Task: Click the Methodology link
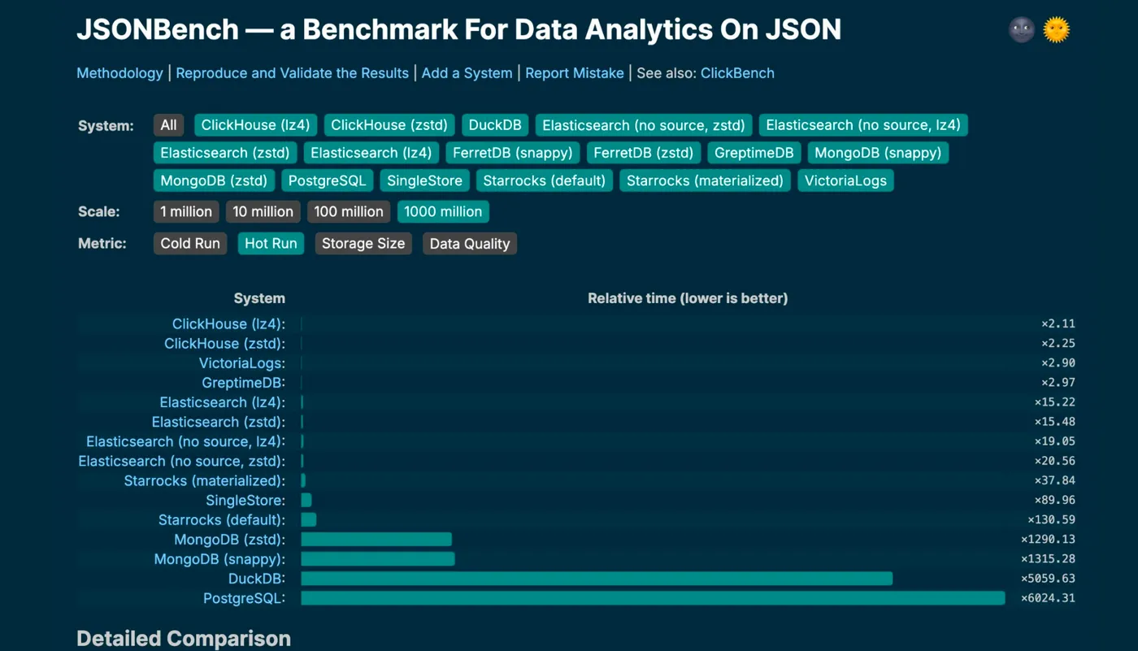point(119,73)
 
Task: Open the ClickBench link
point(737,73)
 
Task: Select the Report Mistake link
point(574,73)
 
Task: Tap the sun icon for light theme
point(1056,30)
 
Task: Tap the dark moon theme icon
point(1021,30)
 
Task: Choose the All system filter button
point(168,125)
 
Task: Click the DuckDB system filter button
point(496,125)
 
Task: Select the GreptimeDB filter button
point(754,153)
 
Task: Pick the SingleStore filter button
point(424,180)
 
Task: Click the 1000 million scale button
point(443,211)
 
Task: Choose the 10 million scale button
point(263,211)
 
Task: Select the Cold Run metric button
point(190,244)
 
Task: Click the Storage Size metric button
point(363,244)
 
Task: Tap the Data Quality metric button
point(469,244)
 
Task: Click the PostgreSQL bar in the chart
point(653,598)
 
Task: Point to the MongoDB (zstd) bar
point(376,540)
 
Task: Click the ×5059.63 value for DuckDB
point(1048,579)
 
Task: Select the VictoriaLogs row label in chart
point(241,363)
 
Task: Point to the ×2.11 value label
point(1058,324)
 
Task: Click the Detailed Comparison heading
point(184,639)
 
